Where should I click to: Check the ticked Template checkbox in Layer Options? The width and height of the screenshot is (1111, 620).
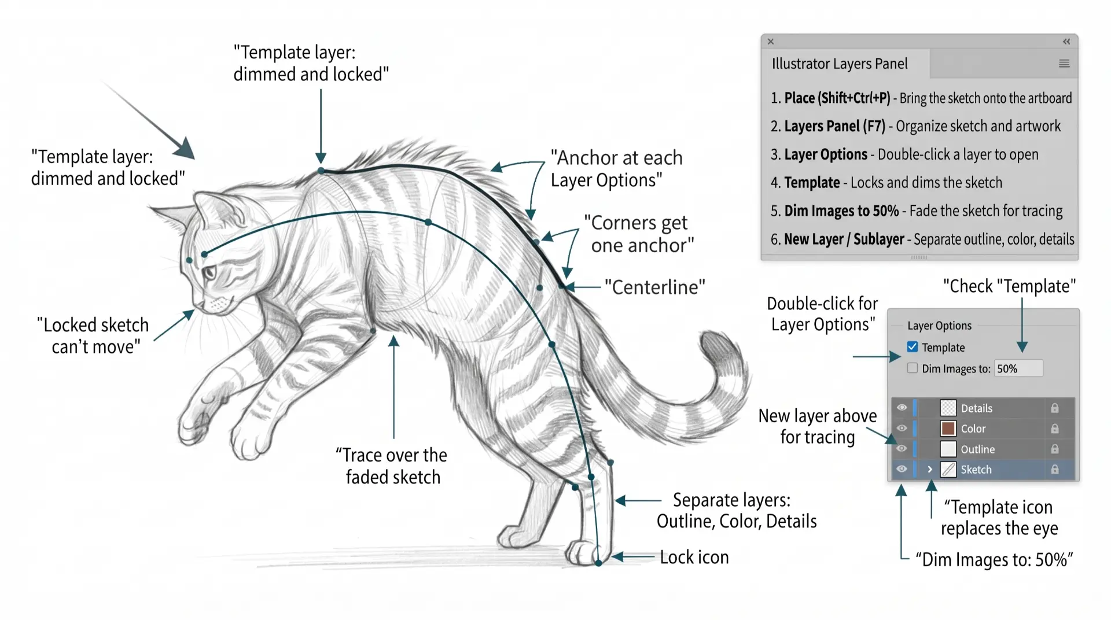[913, 347]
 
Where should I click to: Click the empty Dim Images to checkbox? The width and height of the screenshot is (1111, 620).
[913, 368]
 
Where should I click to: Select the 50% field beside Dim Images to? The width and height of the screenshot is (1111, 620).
[1018, 368]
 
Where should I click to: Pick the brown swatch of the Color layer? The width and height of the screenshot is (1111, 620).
[948, 429]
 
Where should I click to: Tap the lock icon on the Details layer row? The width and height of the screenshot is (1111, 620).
[1055, 408]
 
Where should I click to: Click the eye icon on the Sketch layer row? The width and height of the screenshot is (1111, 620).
[902, 469]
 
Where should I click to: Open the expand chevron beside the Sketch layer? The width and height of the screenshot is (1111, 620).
[930, 470]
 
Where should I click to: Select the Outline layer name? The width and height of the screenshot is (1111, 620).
[978, 449]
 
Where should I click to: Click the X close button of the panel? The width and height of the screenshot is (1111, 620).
[771, 42]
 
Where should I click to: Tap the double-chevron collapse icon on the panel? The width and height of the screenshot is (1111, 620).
[1066, 42]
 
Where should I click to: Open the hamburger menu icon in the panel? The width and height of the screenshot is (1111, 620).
[1064, 64]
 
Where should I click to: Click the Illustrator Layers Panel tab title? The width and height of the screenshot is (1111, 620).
[840, 64]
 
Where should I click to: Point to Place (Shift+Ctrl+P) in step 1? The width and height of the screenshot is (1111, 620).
[837, 98]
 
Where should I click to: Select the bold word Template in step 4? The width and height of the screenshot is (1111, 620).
[812, 183]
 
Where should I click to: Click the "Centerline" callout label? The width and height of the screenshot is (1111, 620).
[655, 287]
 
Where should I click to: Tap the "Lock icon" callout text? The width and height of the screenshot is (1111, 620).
[694, 557]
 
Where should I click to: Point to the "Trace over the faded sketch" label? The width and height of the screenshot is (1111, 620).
[392, 466]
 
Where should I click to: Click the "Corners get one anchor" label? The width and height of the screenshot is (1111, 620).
[639, 234]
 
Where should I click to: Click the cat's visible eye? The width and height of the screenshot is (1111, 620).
[209, 272]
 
